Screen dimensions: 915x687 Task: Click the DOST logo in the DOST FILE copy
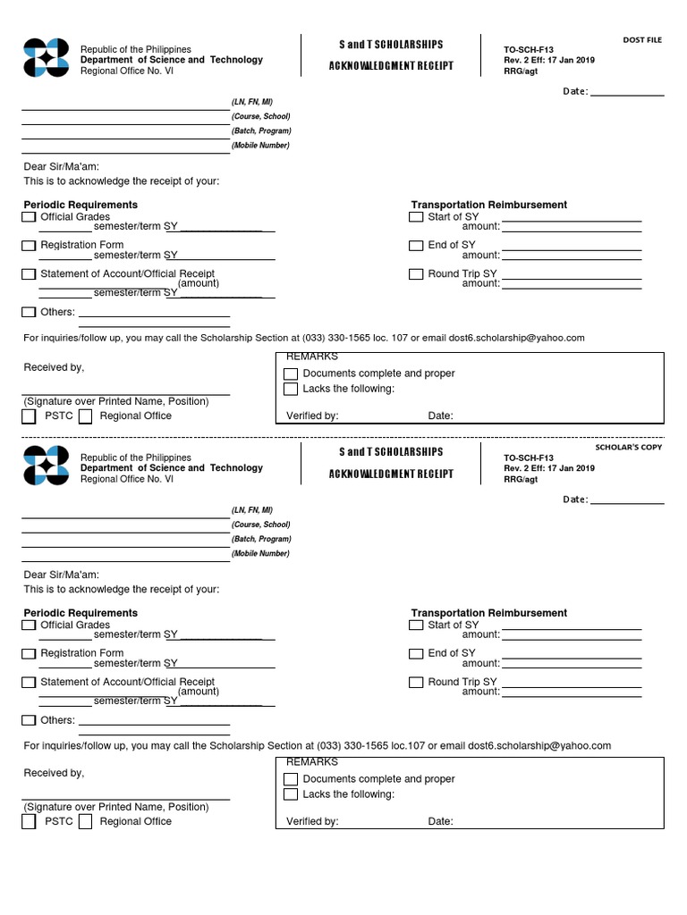(46, 60)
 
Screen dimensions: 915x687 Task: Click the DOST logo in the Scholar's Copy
(46, 466)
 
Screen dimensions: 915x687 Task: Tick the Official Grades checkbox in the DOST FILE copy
(30, 217)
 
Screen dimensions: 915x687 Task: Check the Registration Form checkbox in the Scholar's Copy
(30, 654)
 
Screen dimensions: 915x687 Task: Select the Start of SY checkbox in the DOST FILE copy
(416, 217)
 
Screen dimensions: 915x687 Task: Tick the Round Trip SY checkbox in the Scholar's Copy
(416, 683)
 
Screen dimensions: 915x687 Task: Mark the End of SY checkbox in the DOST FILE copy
(416, 246)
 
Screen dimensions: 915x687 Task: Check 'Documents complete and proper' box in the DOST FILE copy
(291, 374)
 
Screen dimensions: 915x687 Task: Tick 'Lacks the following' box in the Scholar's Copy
(291, 794)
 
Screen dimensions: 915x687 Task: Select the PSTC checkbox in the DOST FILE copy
(30, 416)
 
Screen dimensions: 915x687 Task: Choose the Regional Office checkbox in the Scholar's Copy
(86, 822)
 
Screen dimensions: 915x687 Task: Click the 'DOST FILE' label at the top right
(642, 40)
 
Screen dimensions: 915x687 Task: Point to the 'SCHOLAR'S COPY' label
(629, 447)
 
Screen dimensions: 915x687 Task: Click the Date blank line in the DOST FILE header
(627, 93)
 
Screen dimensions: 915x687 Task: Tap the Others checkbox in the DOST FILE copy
(30, 313)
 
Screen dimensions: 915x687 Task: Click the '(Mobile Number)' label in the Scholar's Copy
(260, 554)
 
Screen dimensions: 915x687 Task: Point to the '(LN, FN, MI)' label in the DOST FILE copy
(254, 103)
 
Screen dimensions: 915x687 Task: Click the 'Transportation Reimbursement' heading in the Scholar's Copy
(488, 613)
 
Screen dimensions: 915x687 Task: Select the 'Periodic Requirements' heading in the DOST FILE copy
(81, 205)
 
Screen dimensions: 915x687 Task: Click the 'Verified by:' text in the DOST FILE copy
(312, 416)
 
